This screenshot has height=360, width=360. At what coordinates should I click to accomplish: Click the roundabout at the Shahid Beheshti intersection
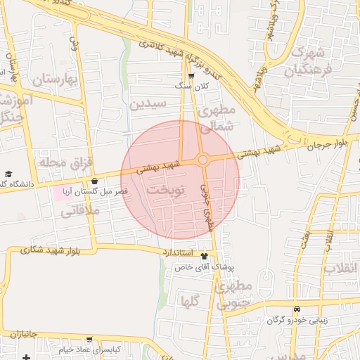coord(202,160)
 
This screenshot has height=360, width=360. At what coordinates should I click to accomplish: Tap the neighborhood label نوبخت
coord(167,191)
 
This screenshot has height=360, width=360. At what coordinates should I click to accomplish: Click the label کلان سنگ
coord(191,86)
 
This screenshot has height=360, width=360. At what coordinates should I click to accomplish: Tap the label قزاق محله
coord(66,164)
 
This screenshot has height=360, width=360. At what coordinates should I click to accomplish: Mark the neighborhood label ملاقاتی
coord(79,210)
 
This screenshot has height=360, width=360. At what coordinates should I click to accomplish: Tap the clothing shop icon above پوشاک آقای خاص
coord(204,257)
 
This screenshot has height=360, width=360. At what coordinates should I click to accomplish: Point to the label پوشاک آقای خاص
coord(203,267)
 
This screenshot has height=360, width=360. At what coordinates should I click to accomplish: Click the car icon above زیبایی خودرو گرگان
coord(297,309)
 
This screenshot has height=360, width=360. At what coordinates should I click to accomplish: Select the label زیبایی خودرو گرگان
coord(297,320)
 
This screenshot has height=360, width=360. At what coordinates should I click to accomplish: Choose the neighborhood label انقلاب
coord(340,269)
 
